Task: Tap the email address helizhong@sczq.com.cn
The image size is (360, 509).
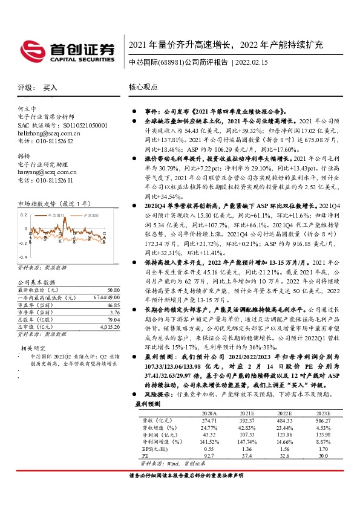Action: tap(49, 132)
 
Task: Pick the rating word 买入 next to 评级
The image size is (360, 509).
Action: tap(50, 87)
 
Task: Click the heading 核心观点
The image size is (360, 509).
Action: tap(143, 87)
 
